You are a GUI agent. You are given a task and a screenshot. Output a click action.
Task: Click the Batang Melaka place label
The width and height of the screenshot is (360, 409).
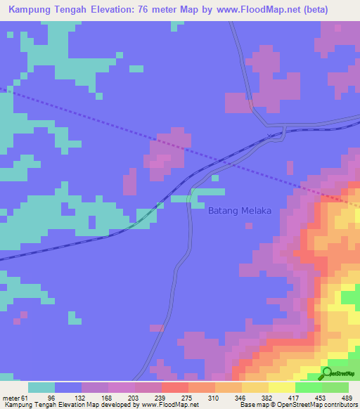240,210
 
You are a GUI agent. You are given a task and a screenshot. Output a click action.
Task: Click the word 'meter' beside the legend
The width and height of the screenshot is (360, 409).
13,397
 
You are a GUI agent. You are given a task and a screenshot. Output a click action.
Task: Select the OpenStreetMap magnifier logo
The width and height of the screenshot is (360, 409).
326,373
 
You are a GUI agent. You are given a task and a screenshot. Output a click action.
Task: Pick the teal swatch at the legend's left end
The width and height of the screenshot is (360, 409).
41,387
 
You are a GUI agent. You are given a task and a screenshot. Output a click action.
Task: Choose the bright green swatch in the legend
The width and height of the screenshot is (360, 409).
308,387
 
